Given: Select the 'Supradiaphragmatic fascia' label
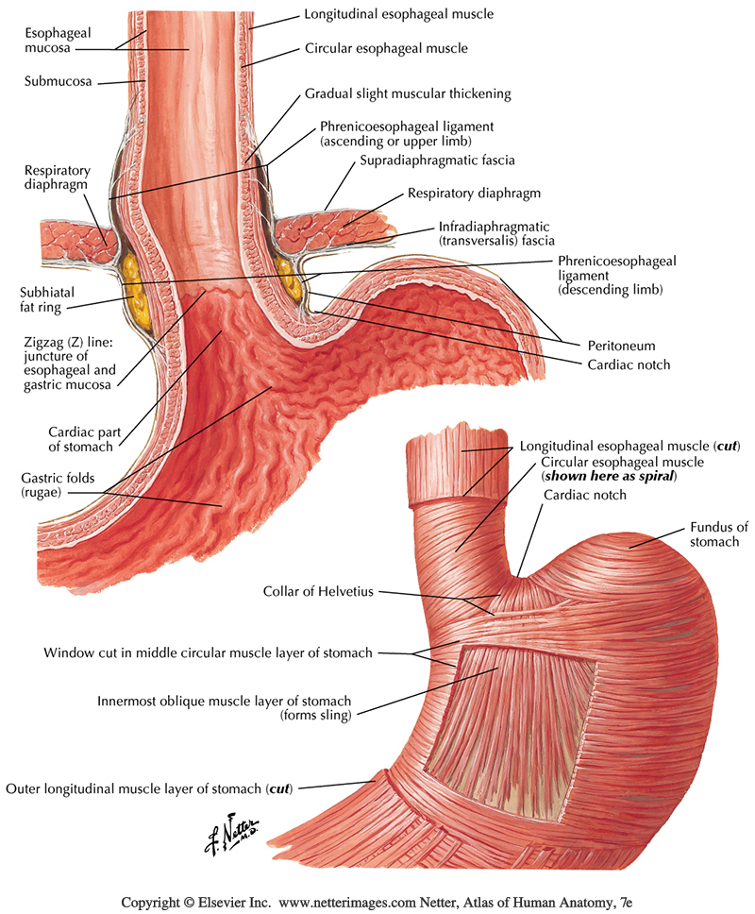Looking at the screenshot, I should point(437,161).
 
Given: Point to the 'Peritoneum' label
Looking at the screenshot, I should point(622,347).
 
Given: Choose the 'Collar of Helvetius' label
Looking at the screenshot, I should point(320,592).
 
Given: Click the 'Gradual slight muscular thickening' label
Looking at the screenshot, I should point(407,94).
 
